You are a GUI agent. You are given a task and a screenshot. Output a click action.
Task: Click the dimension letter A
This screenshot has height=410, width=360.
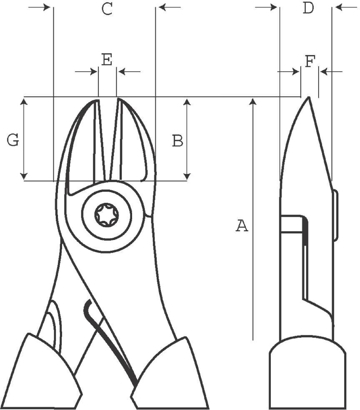click(x=242, y=226)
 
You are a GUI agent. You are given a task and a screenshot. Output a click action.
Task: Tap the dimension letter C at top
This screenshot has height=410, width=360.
click(x=107, y=9)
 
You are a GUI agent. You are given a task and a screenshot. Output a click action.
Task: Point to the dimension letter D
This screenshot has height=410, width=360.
click(x=308, y=8)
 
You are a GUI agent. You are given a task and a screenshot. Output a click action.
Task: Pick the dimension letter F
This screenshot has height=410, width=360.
click(x=310, y=61)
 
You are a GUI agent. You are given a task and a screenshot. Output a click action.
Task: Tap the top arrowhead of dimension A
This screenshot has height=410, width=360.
click(x=252, y=101)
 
